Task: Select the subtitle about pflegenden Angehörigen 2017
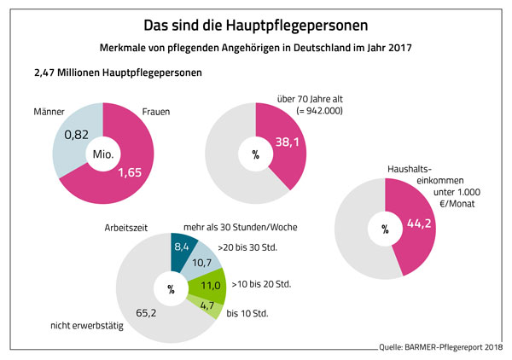pyautogui.click(x=256, y=48)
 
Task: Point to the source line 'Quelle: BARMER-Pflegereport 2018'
pyautogui.click(x=439, y=347)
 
